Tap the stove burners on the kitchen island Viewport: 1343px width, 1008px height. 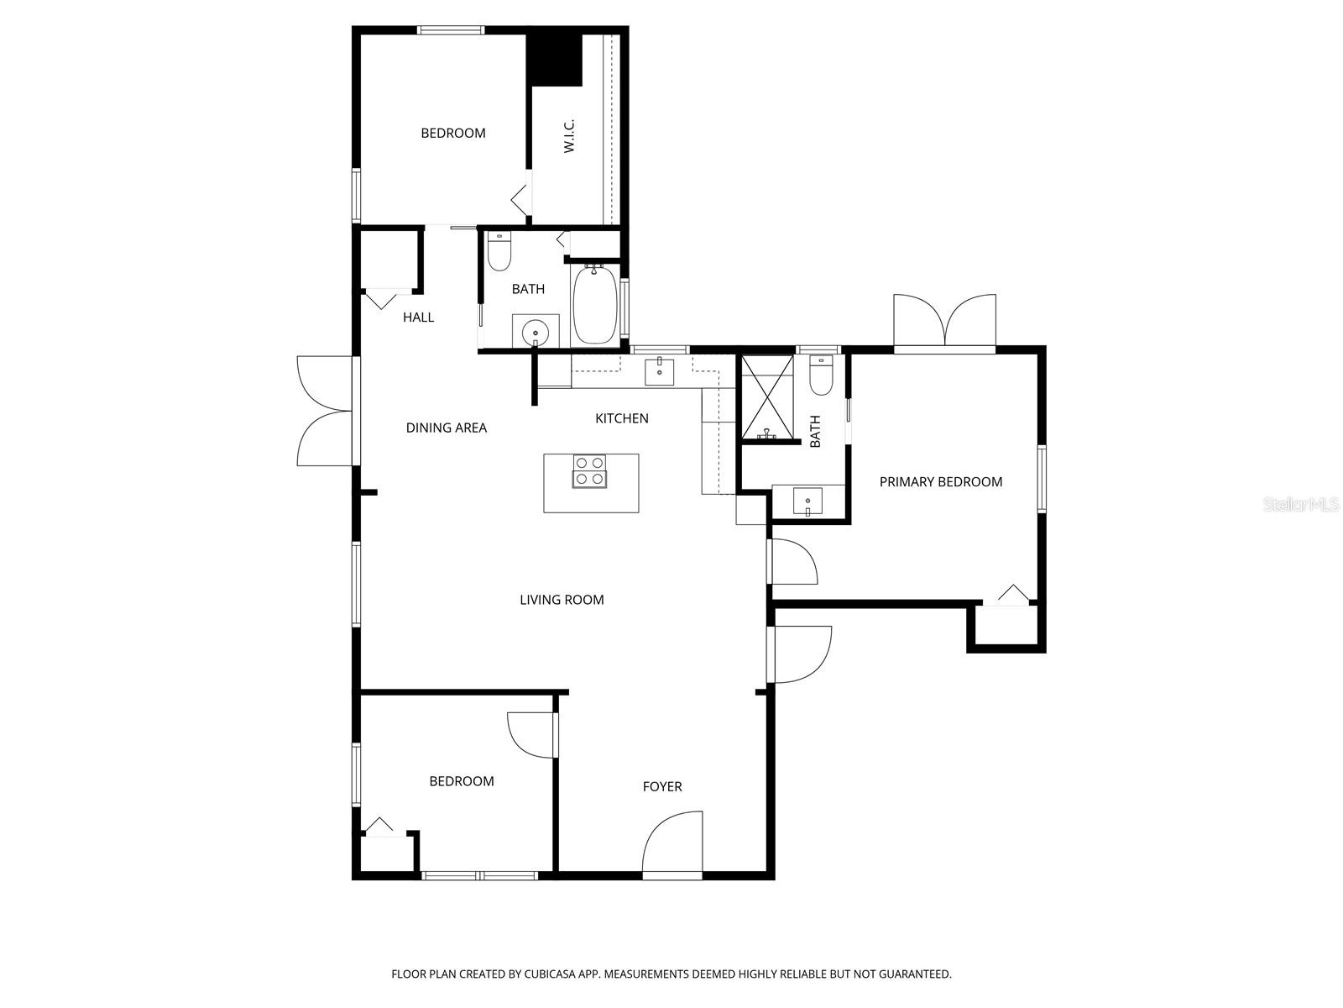tap(589, 471)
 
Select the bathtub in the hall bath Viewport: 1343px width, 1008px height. tap(595, 305)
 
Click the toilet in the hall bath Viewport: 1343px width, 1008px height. tap(499, 251)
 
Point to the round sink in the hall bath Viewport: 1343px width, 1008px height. tap(535, 332)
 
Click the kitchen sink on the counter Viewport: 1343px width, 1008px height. tap(659, 370)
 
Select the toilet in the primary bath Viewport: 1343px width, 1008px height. tap(820, 375)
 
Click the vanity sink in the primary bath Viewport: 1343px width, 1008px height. tap(808, 501)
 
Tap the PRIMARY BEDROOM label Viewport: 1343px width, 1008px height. tap(940, 482)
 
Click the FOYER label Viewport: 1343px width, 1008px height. tap(662, 787)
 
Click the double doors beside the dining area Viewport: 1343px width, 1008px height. tap(325, 411)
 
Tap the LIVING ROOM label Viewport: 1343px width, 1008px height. tap(562, 600)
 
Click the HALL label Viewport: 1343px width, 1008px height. tap(418, 318)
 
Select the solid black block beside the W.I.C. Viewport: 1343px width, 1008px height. tap(554, 55)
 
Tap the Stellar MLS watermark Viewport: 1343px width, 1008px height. tap(1301, 505)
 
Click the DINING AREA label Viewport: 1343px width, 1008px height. tap(446, 428)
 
